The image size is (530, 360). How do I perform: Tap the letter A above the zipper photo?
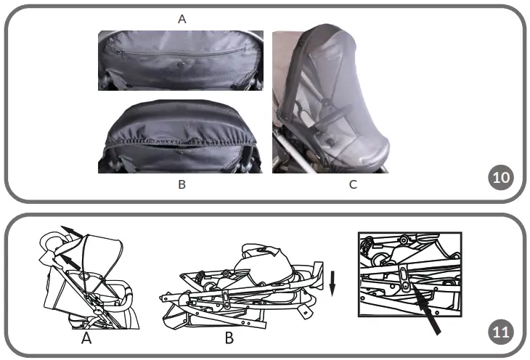[x=182, y=20]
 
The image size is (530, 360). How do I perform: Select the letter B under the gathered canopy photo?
[x=182, y=184]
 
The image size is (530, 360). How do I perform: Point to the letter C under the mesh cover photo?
[x=353, y=184]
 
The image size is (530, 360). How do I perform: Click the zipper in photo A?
[x=182, y=50]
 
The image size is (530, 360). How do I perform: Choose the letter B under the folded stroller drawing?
[x=229, y=337]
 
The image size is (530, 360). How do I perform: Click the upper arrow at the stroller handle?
[x=70, y=231]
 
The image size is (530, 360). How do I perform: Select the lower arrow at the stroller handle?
[x=69, y=258]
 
